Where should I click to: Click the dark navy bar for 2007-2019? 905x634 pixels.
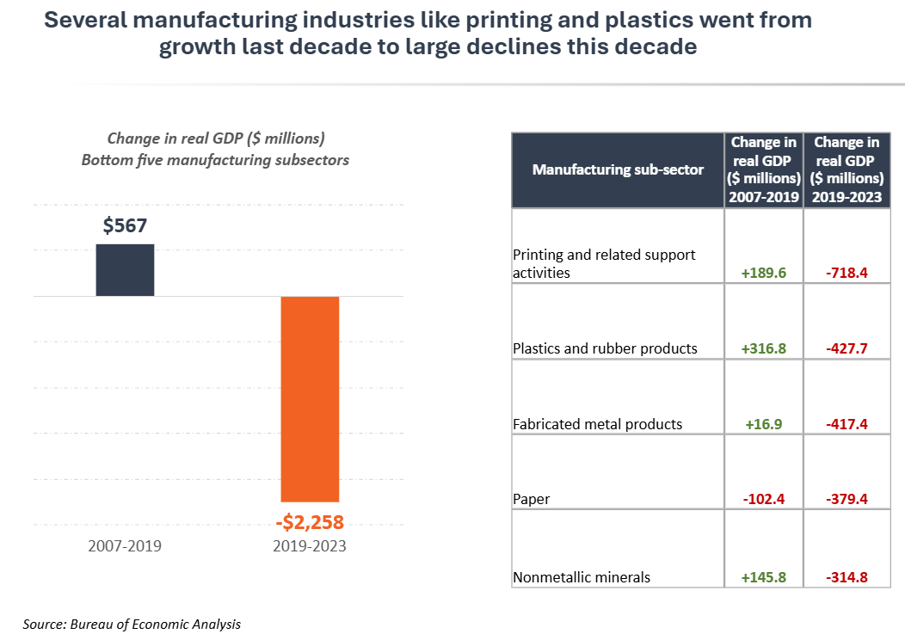(x=125, y=270)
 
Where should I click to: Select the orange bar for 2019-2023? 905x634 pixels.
(x=311, y=398)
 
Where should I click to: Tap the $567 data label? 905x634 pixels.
(x=126, y=226)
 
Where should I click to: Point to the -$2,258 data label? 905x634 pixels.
(x=310, y=522)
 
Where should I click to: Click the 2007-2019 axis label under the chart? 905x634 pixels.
(x=125, y=546)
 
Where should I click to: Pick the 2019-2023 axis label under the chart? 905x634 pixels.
(x=310, y=546)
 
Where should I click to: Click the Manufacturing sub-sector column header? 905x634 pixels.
(x=618, y=169)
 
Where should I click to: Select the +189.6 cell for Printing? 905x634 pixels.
(x=764, y=274)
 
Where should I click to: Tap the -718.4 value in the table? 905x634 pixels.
(x=847, y=274)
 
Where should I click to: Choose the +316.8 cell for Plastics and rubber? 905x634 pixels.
(x=764, y=349)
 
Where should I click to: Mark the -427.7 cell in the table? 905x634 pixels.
(x=847, y=349)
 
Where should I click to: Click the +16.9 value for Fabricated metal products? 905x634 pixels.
(x=764, y=424)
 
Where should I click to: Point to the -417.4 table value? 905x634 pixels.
(x=847, y=424)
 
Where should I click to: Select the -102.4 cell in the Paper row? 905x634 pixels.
(x=764, y=500)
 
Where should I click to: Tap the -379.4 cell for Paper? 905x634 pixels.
(x=847, y=500)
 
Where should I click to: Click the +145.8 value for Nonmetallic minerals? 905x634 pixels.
(x=764, y=578)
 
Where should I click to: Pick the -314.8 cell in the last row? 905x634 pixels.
(x=847, y=578)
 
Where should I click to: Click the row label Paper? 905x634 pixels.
(x=531, y=500)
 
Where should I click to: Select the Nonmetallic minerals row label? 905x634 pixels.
(x=582, y=578)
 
